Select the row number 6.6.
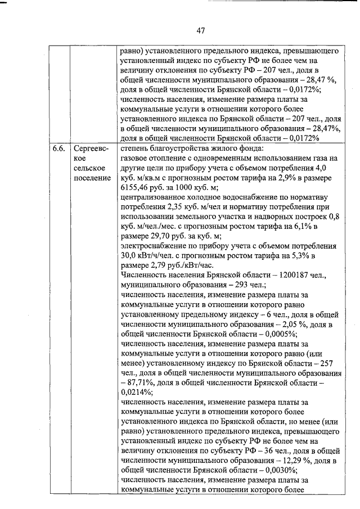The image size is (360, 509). pos(58,148)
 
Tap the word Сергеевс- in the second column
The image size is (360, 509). pos(91,148)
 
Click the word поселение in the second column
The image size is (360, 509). pos(92,179)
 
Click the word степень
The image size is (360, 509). pos(136,148)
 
